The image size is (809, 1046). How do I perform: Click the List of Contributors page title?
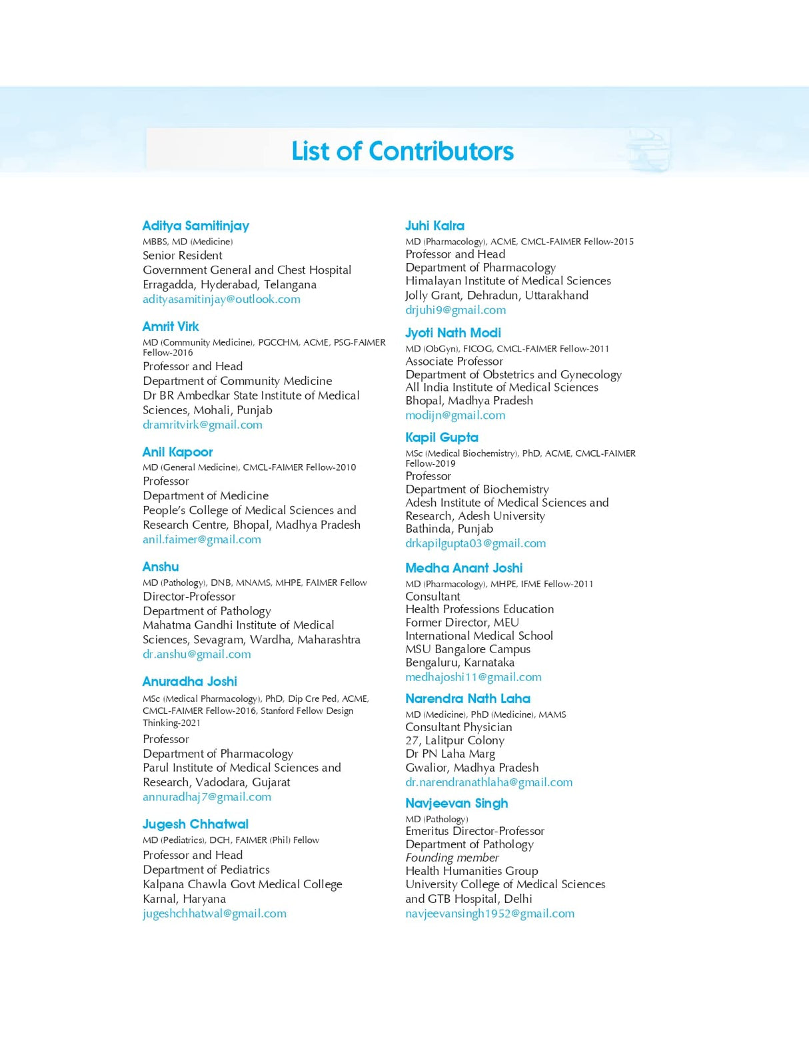403,151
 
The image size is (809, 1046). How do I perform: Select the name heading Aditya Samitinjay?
195,226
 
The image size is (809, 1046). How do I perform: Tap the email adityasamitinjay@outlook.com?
221,299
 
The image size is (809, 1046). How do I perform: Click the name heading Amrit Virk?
171,326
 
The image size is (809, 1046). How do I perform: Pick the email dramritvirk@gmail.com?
203,425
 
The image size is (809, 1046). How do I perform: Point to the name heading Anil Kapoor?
177,452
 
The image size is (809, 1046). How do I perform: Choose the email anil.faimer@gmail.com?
202,539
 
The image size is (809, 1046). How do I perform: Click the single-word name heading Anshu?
161,567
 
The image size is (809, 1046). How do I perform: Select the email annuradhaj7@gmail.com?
207,796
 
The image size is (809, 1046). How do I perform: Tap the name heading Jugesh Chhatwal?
195,824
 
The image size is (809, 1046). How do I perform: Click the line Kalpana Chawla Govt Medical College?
243,884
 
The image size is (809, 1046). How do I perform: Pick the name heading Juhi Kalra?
434,226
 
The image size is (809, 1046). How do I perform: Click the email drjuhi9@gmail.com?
456,310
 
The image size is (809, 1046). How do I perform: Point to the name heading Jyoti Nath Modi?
453,332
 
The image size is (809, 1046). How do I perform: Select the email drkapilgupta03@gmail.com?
476,543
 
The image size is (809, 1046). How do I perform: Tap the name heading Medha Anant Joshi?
464,568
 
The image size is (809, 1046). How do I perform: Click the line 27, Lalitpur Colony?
454,740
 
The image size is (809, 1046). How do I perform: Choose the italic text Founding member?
452,858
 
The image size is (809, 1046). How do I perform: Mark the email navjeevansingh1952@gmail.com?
490,914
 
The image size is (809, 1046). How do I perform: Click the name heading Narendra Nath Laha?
468,698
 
